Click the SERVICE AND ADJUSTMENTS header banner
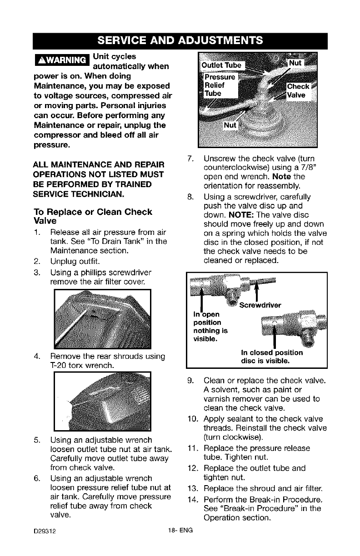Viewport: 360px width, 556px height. pyautogui.click(x=180, y=40)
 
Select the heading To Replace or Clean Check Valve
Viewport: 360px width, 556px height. pyautogui.click(x=93, y=217)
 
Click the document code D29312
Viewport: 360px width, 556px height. pyautogui.click(x=44, y=530)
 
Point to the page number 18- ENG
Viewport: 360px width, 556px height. pyautogui.click(x=180, y=530)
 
